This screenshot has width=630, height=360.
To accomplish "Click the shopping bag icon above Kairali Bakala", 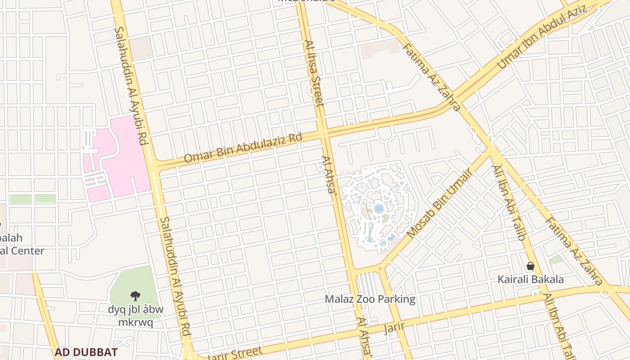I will click(531, 266).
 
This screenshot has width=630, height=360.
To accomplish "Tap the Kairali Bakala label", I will click(531, 279).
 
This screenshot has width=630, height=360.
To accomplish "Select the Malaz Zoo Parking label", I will click(370, 299).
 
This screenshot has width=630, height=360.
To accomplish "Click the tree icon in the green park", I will click(135, 296).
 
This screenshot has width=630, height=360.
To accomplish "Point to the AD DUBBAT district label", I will click(86, 352).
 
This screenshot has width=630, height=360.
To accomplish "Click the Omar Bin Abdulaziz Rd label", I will click(243, 148).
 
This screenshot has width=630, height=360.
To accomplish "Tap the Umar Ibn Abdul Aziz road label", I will click(542, 37).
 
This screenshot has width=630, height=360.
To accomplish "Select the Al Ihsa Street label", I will click(314, 74).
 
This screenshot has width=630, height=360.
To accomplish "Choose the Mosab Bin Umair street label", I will click(439, 203).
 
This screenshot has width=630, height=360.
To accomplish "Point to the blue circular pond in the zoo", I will click(379, 209).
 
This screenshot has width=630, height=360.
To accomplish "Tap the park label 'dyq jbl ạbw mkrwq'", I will click(135, 316).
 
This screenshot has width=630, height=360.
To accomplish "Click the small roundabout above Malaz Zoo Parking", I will click(381, 269).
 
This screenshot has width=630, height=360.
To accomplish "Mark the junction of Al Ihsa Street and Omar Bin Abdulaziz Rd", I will click(324, 134).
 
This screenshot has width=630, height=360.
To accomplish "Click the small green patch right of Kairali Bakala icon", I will click(556, 260).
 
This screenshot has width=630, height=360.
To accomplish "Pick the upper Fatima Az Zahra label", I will click(431, 77).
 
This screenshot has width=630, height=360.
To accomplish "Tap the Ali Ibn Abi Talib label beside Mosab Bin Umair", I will click(509, 203).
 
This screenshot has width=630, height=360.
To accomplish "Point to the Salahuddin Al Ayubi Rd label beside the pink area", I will click(131, 85).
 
